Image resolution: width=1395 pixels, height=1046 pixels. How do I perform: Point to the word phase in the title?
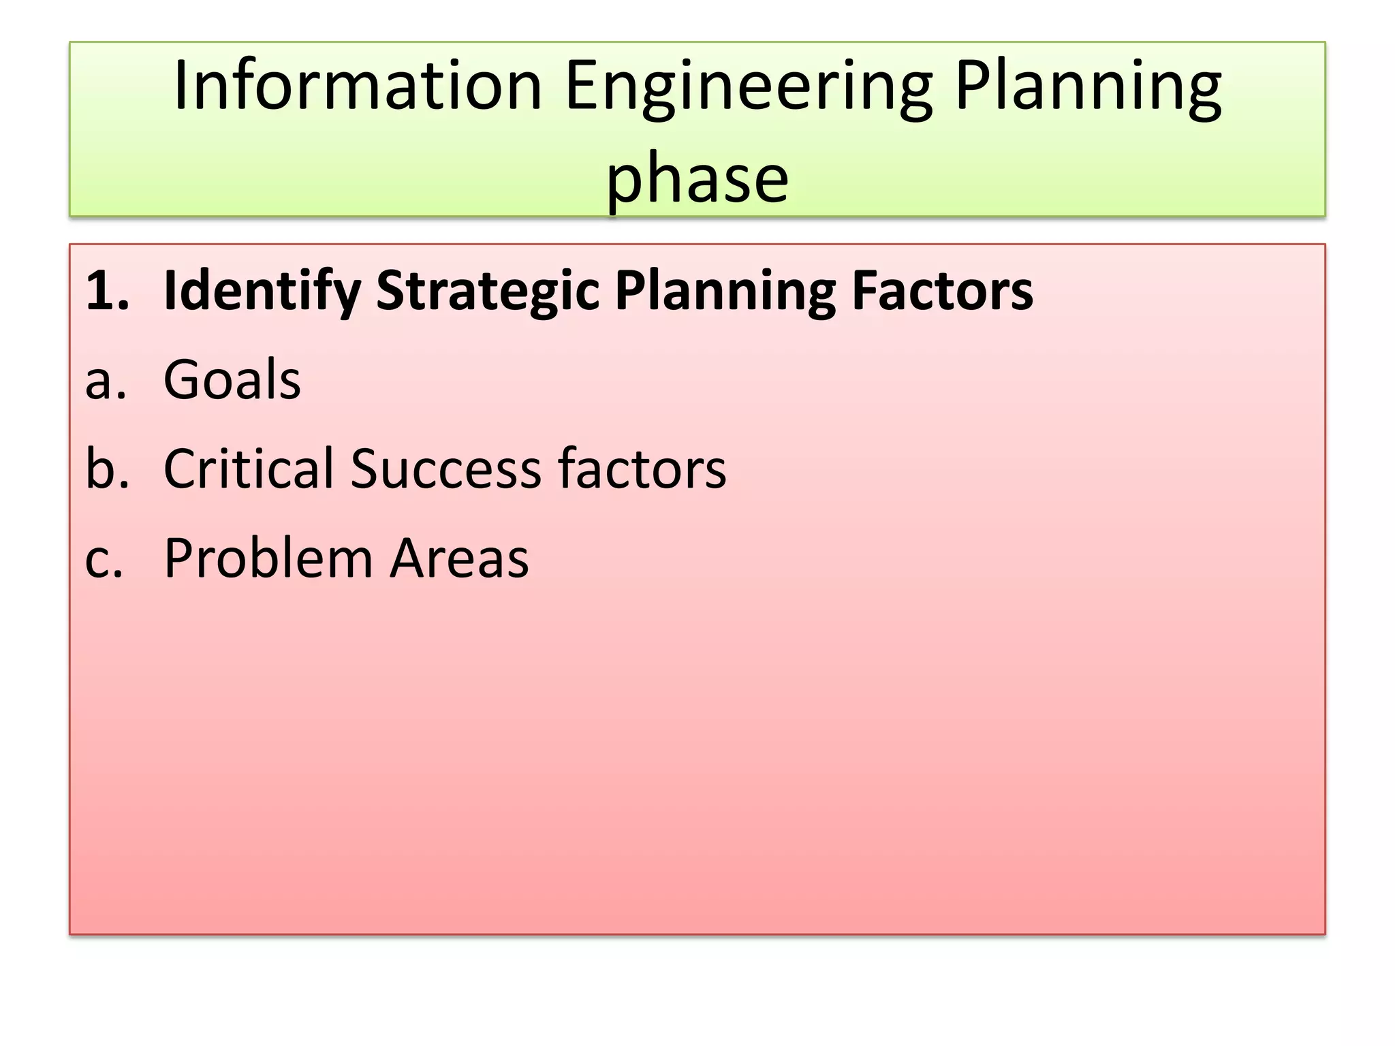click(697, 178)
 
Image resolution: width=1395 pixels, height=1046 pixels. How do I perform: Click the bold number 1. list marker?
click(107, 291)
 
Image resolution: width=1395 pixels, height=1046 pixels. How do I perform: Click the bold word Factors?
click(943, 291)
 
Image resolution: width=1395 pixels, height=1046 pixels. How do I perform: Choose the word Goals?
click(232, 379)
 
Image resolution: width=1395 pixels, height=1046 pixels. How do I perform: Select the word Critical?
click(250, 469)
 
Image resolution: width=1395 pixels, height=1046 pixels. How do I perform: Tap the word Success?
click(446, 469)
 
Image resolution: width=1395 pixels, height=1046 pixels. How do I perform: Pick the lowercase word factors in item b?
click(642, 469)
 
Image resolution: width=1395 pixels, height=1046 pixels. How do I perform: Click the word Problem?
click(268, 558)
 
